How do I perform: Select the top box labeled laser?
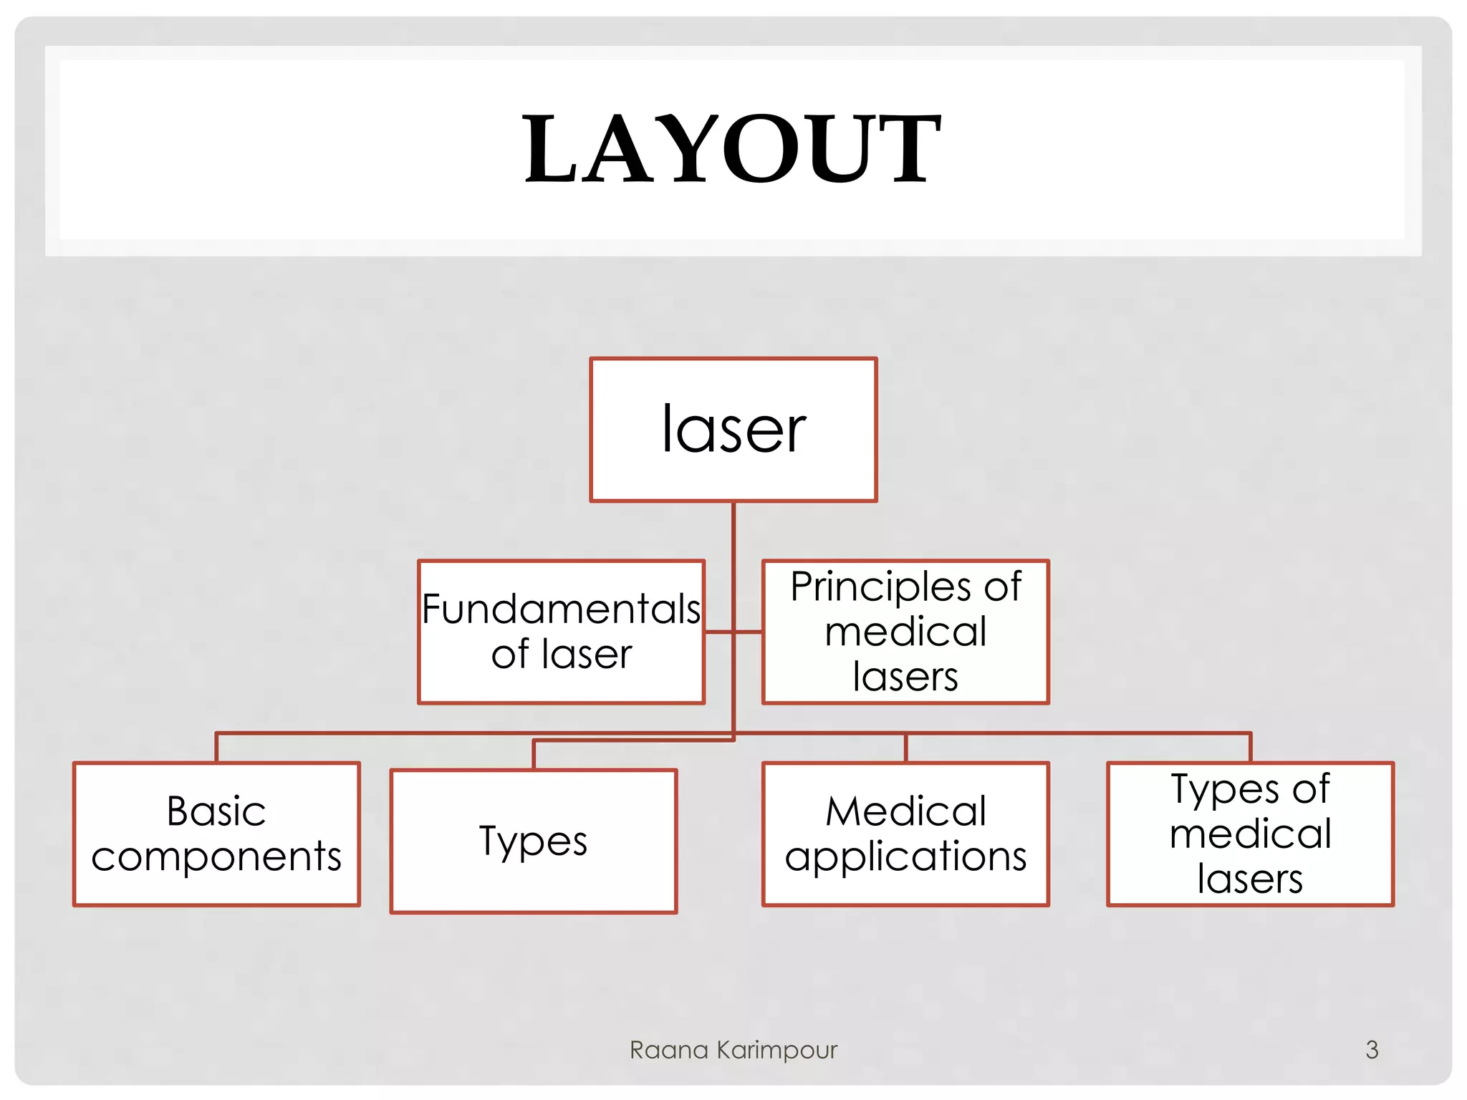[x=733, y=430]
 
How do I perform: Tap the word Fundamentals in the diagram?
[x=561, y=609]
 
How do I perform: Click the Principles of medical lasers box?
[x=905, y=632]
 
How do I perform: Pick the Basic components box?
[x=216, y=834]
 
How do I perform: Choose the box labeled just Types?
[x=534, y=841]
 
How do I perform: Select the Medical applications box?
[x=905, y=834]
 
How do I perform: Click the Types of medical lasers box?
[x=1250, y=834]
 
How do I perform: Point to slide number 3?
[x=1371, y=1050]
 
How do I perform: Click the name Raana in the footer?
[x=668, y=1050]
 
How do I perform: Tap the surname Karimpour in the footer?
[x=776, y=1050]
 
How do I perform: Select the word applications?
[x=905, y=857]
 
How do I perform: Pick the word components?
[x=216, y=857]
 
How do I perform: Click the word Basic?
[x=216, y=811]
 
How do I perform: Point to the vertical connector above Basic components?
[x=216, y=748]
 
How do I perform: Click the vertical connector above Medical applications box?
[x=905, y=748]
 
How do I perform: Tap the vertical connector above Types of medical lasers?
[x=1250, y=748]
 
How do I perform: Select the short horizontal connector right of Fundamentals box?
[x=718, y=632]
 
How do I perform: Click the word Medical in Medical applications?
[x=905, y=811]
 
